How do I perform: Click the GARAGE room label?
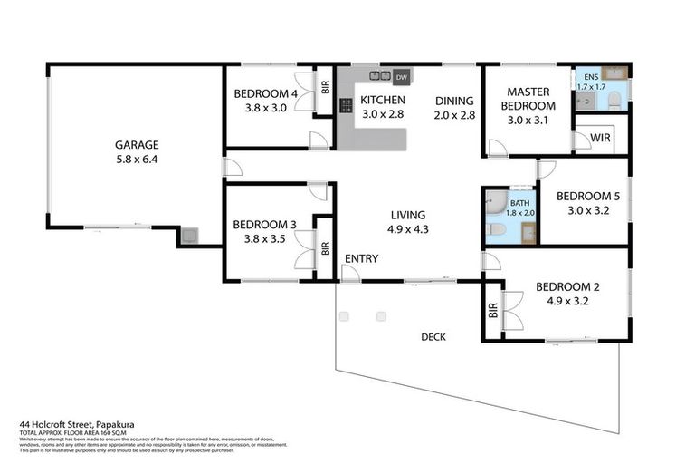pyautogui.click(x=137, y=144)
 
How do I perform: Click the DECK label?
pyautogui.click(x=433, y=337)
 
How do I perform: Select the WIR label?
pyautogui.click(x=600, y=138)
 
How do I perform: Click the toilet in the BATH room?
pyautogui.click(x=495, y=230)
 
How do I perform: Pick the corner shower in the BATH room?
pyautogui.click(x=495, y=199)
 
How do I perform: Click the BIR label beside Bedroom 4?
pyautogui.click(x=325, y=89)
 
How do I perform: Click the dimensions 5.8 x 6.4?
pyautogui.click(x=137, y=159)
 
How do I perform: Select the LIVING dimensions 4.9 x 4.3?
pyautogui.click(x=408, y=229)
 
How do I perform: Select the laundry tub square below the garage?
pyautogui.click(x=189, y=237)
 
